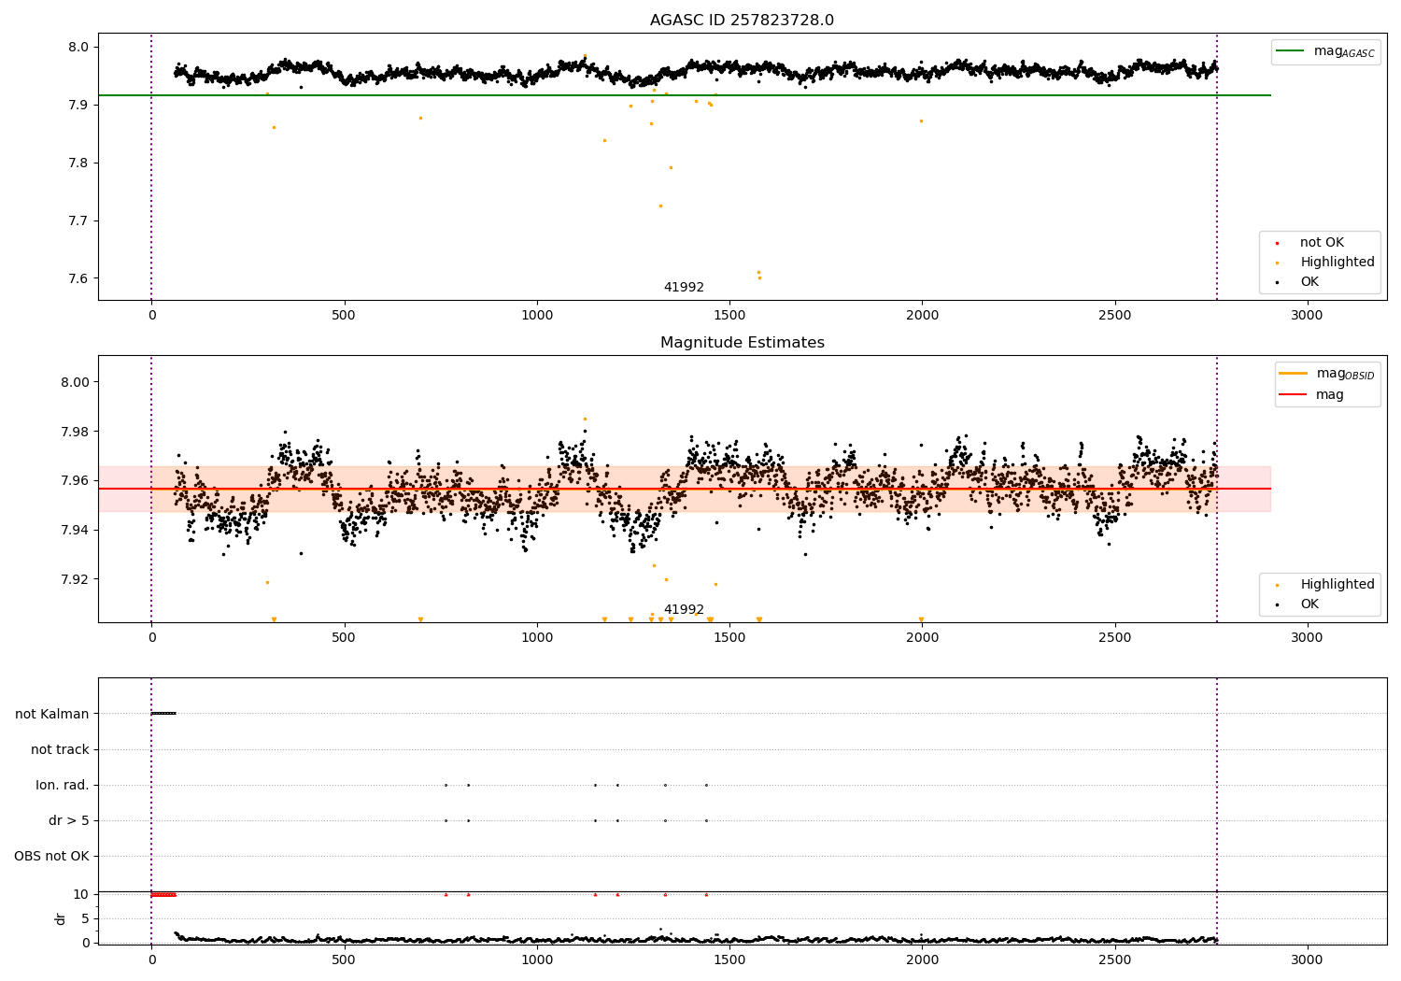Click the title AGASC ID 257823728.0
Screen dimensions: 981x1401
pyautogui.click(x=742, y=21)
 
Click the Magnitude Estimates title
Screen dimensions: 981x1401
pyautogui.click(x=742, y=343)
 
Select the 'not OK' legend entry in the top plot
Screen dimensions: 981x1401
pyautogui.click(x=1321, y=243)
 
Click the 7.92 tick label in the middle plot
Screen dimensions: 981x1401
pyautogui.click(x=75, y=579)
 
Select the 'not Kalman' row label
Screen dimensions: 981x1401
pyautogui.click(x=52, y=714)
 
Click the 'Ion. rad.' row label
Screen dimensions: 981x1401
pyautogui.click(x=63, y=785)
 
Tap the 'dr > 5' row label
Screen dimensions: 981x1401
pyautogui.click(x=69, y=820)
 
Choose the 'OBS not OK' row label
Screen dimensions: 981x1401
pyautogui.click(x=52, y=856)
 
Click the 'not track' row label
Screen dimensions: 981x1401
pyautogui.click(x=60, y=749)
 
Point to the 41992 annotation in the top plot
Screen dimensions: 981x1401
pyautogui.click(x=684, y=288)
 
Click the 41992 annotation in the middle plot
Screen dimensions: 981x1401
pyautogui.click(x=684, y=610)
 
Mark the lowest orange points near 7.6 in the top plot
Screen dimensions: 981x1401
pyautogui.click(x=758, y=275)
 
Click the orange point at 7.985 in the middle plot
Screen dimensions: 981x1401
pyautogui.click(x=585, y=419)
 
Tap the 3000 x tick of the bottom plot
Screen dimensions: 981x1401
pyautogui.click(x=1307, y=960)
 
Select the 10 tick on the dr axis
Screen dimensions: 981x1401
pyautogui.click(x=81, y=894)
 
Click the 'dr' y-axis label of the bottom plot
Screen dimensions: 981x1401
pyautogui.click(x=61, y=918)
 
